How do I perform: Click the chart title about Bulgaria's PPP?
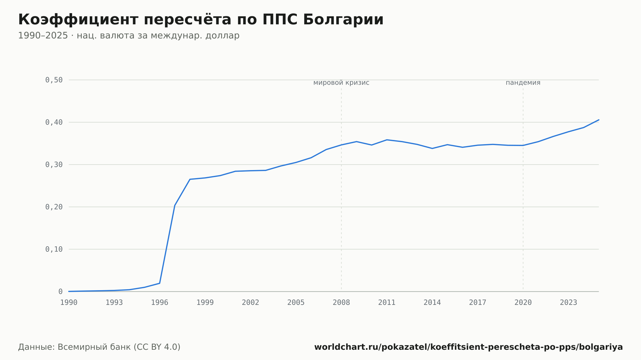[201, 20]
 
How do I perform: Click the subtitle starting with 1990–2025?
[129, 36]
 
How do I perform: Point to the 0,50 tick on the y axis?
[54, 80]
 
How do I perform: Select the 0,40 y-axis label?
[54, 122]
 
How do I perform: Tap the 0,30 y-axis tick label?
[54, 165]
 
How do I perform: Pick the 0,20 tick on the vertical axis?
[54, 207]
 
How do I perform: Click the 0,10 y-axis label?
[54, 249]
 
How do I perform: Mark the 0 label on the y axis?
[61, 291]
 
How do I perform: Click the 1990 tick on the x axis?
[69, 303]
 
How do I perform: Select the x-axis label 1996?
[160, 303]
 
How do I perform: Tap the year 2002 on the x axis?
[251, 303]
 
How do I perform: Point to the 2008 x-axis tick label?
[341, 303]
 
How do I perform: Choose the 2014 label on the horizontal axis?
[432, 303]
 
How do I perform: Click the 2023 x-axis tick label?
[569, 303]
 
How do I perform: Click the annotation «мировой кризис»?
[341, 83]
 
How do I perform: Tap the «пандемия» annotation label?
[523, 83]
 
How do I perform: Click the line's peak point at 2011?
[387, 140]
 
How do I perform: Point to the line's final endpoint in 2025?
[599, 120]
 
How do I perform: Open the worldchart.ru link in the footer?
[469, 347]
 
